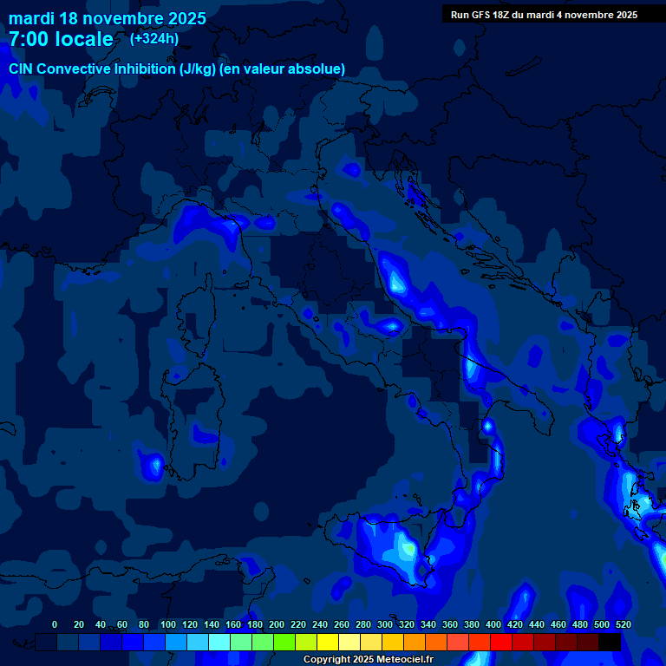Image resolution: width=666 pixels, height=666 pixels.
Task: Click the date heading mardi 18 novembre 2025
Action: click(108, 18)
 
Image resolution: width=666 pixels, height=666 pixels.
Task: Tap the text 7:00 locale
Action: click(61, 39)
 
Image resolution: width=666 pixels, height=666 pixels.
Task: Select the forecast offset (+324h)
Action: click(154, 38)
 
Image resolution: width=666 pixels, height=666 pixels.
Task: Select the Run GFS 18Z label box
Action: click(544, 15)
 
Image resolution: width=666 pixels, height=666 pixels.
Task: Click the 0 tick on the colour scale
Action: click(55, 624)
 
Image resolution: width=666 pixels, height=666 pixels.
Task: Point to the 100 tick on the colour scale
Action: click(166, 624)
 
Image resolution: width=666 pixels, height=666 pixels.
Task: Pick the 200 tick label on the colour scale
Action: click(276, 624)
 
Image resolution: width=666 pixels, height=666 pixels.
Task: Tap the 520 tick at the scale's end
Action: click(623, 624)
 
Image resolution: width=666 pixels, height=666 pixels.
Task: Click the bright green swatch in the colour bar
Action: click(284, 643)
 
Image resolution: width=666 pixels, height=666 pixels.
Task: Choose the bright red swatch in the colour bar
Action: click(501, 643)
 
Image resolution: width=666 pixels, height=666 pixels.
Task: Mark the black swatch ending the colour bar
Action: click(610, 643)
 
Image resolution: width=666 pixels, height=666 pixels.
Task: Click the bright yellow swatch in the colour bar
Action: click(328, 643)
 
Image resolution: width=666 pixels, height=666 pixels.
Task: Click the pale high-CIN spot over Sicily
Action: click(405, 547)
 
